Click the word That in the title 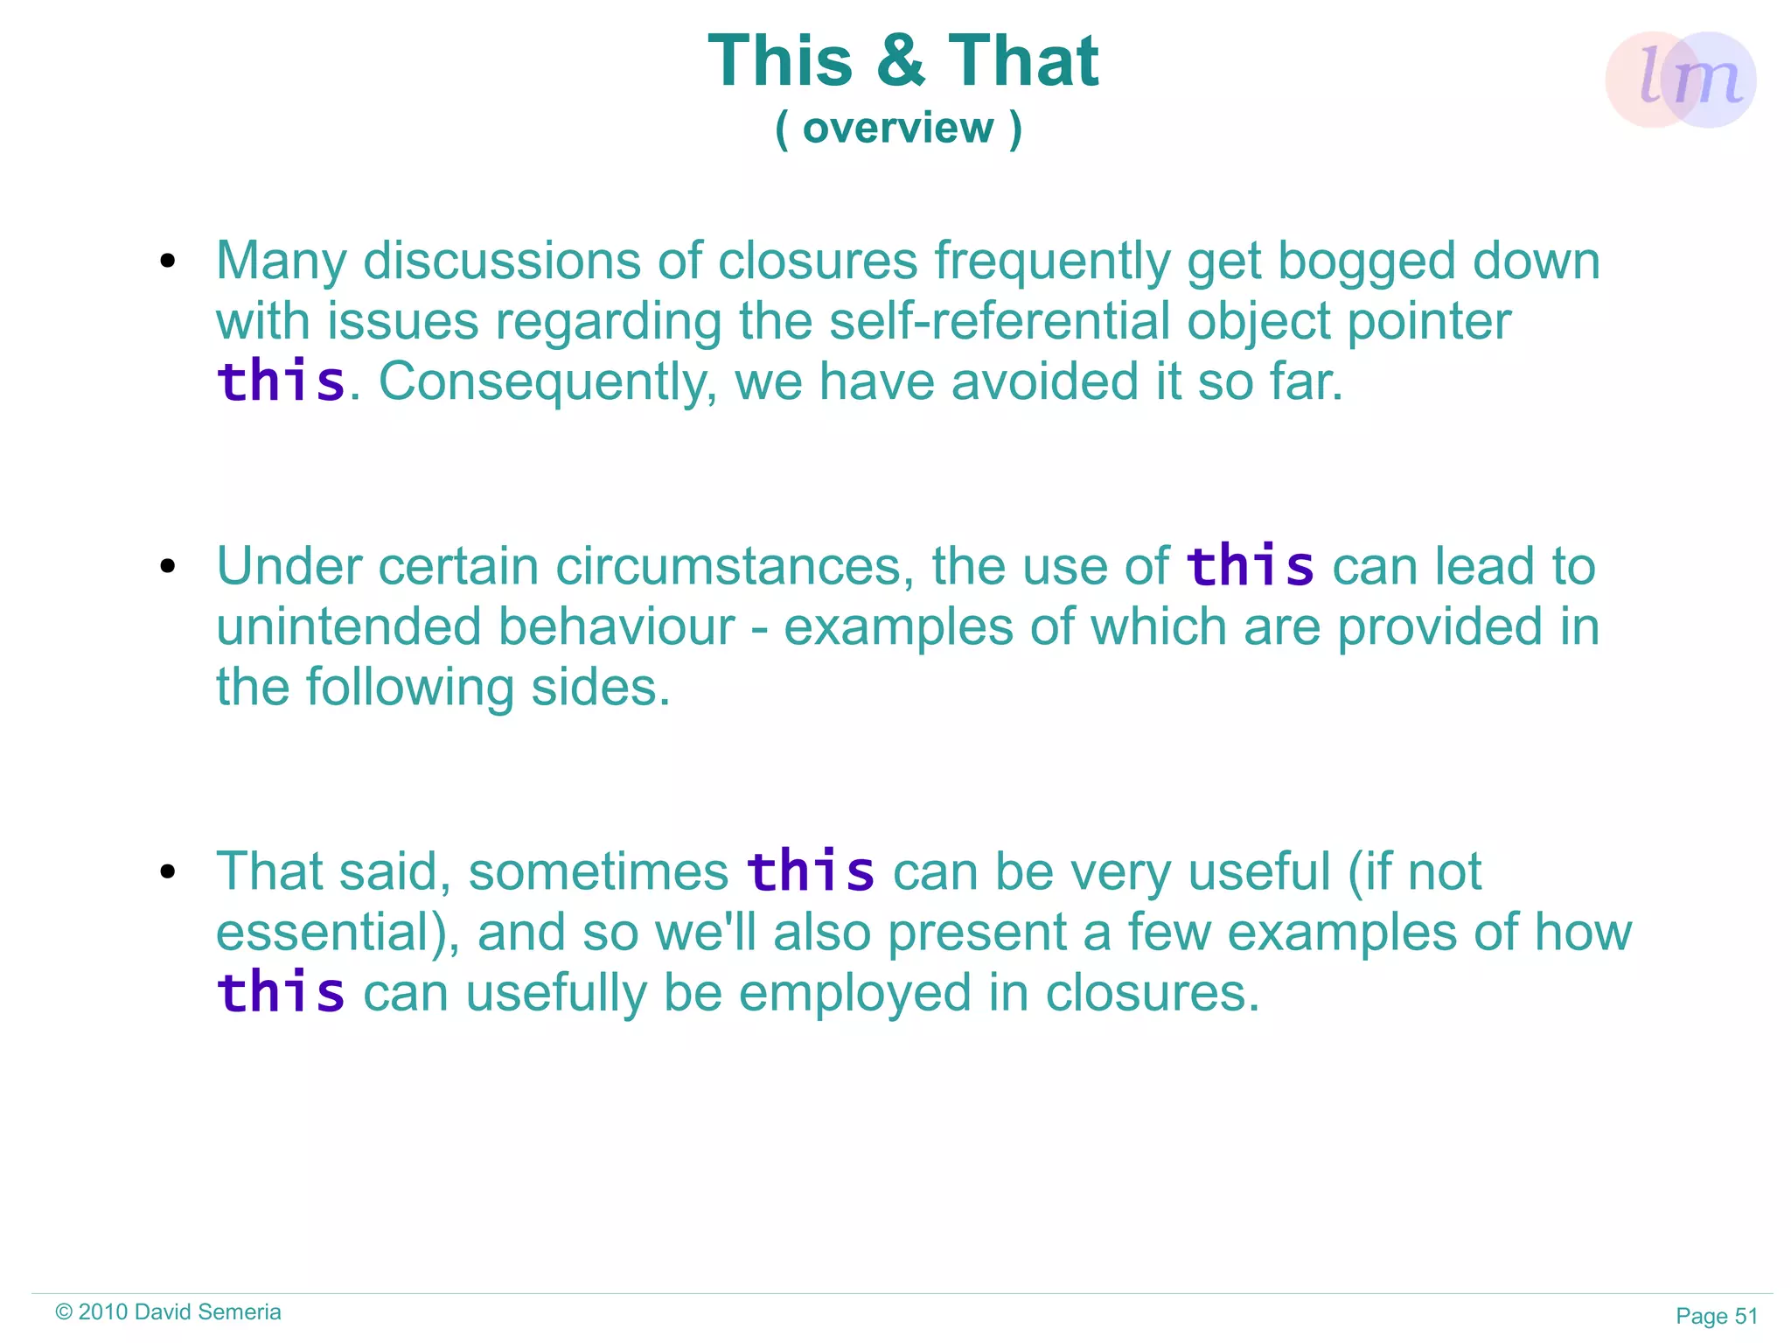click(x=1023, y=61)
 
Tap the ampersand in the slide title click(x=901, y=61)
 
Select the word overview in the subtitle click(x=898, y=129)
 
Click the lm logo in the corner click(x=1680, y=80)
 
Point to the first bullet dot click(x=168, y=261)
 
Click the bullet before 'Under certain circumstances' click(x=168, y=567)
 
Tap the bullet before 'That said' click(x=168, y=871)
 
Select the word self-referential click(x=1000, y=321)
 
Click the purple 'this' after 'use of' click(x=1251, y=566)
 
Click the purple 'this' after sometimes click(x=811, y=871)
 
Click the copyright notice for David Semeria click(x=168, y=1312)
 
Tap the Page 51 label click(x=1716, y=1316)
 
